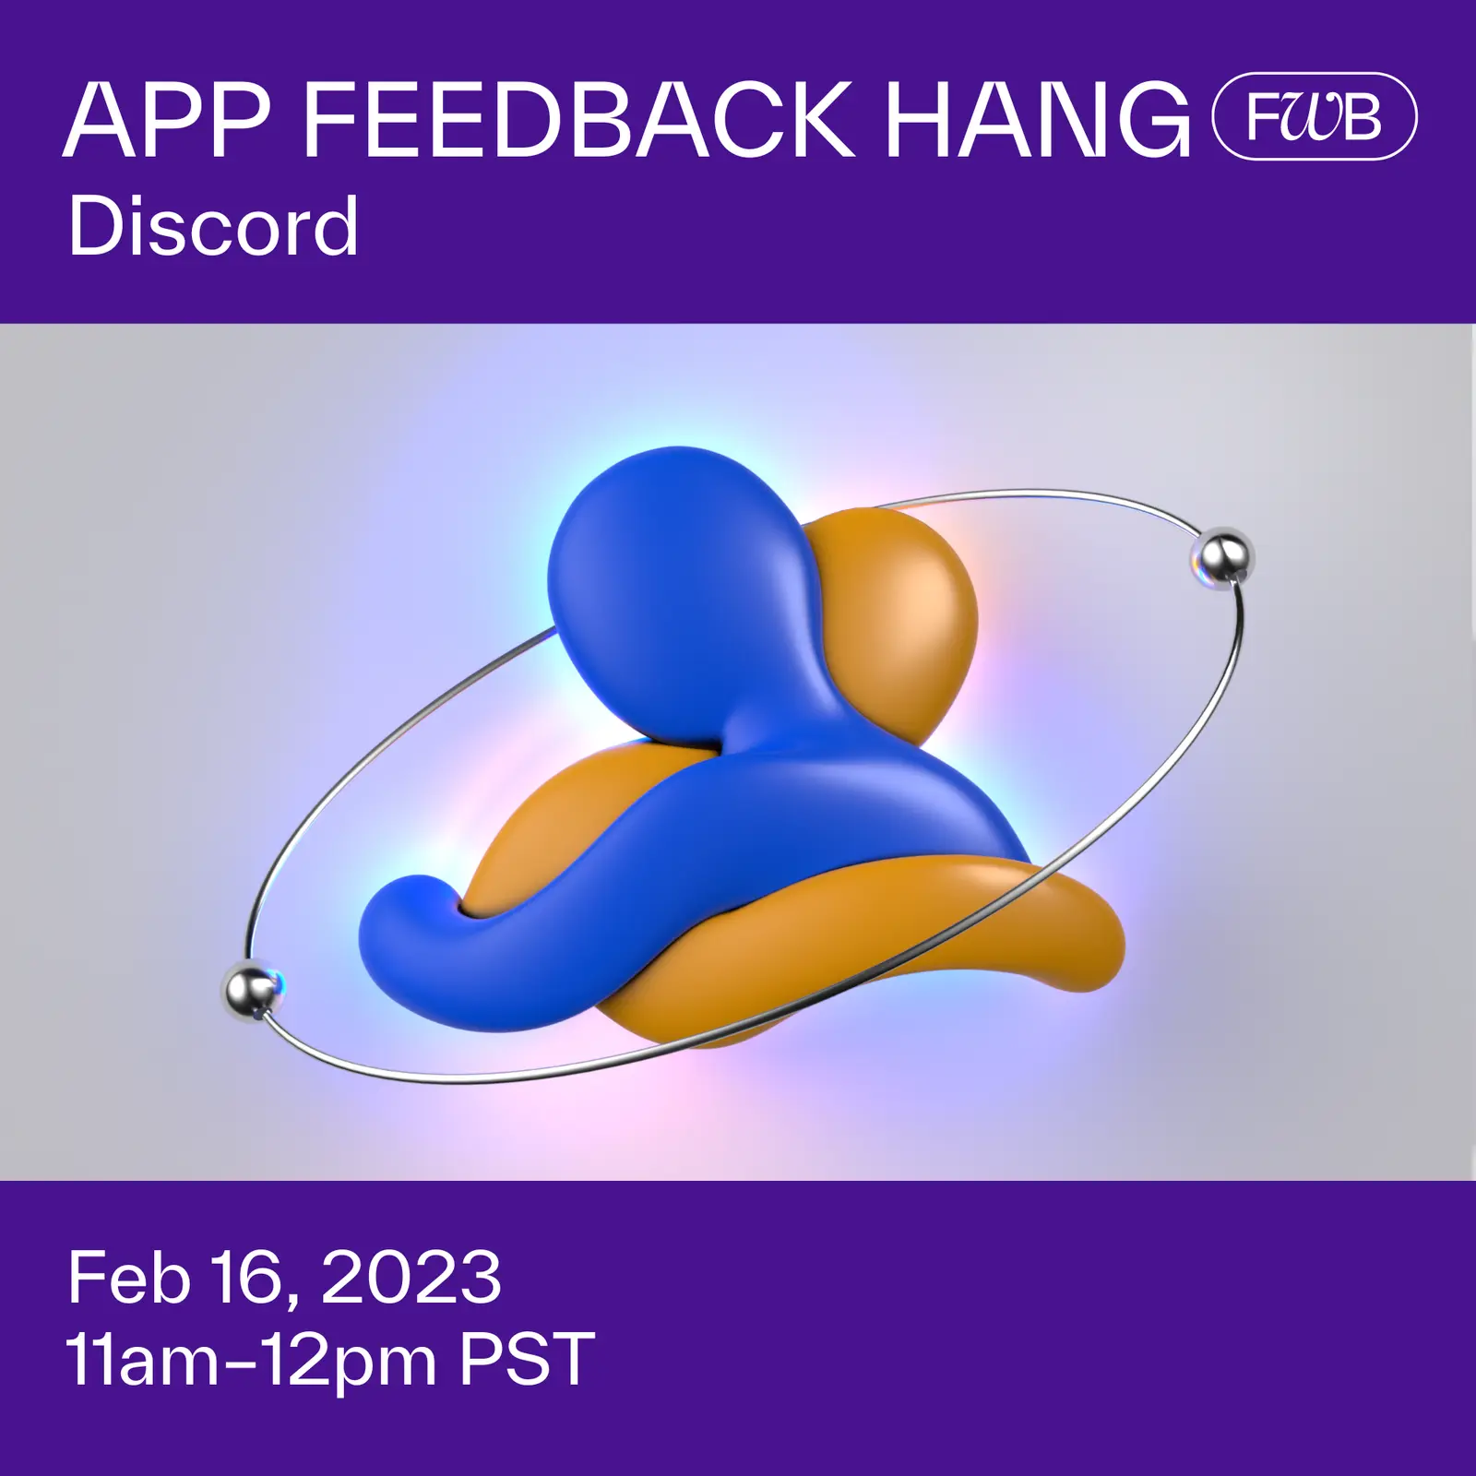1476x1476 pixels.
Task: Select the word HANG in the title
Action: (1038, 120)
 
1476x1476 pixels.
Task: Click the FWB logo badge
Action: (1314, 117)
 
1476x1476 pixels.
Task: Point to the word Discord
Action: (213, 227)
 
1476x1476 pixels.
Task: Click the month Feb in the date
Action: (128, 1279)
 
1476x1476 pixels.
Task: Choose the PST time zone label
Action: (527, 1360)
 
